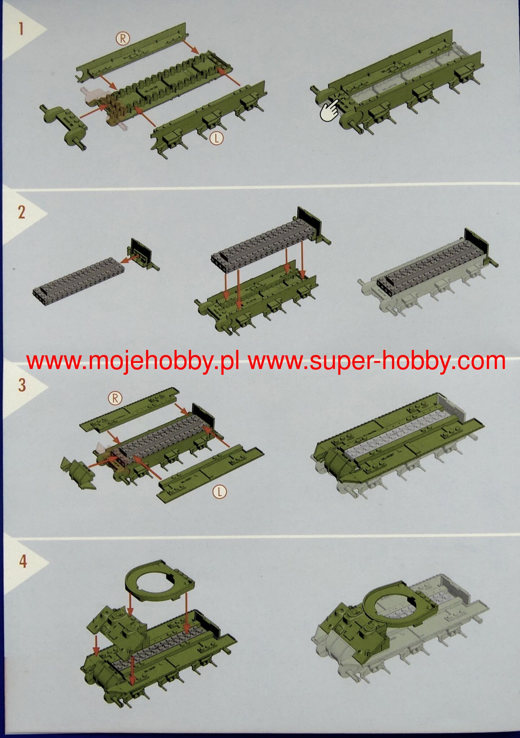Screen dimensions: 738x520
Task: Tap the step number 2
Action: (x=21, y=213)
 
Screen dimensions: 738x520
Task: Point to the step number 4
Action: (x=23, y=561)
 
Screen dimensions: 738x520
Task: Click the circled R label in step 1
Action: (x=123, y=38)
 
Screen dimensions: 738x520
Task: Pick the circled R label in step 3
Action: (x=116, y=398)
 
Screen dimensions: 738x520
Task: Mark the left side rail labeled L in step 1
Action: (x=209, y=115)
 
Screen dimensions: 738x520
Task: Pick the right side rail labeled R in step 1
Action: (x=133, y=54)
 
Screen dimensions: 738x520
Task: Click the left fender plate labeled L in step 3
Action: (x=209, y=472)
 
